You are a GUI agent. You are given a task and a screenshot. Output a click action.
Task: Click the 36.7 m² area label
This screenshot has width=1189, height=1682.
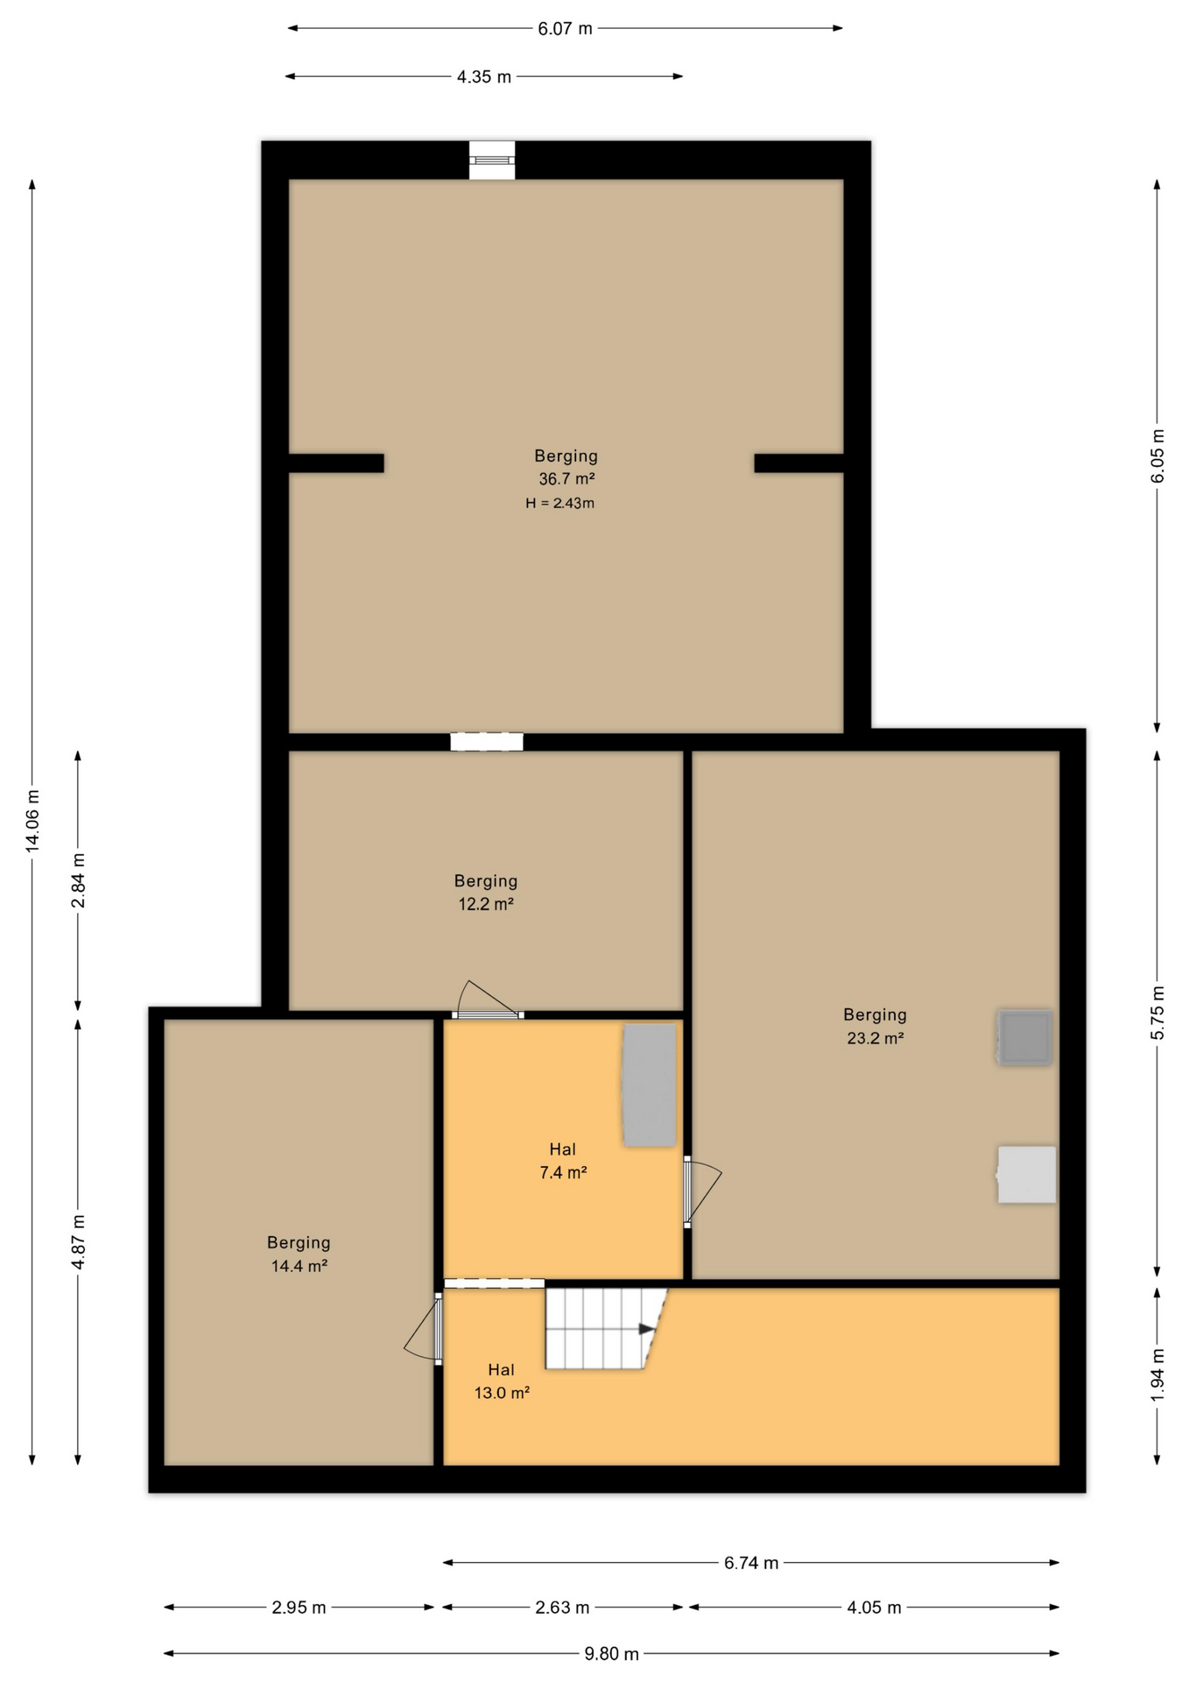pyautogui.click(x=566, y=479)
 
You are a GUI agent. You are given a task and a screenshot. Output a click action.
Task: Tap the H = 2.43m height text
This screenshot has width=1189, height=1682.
pyautogui.click(x=559, y=503)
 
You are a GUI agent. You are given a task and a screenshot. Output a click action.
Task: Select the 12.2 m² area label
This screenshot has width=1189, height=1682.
pyautogui.click(x=486, y=904)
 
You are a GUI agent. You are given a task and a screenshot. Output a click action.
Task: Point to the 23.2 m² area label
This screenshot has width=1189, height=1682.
pyautogui.click(x=875, y=1038)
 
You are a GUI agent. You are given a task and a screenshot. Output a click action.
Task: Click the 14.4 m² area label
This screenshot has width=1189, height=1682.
pyautogui.click(x=299, y=1266)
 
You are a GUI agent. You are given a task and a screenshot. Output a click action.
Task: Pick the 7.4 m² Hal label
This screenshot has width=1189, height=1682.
pyautogui.click(x=563, y=1161)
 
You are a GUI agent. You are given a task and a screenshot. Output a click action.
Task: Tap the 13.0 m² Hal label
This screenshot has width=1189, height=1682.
pyautogui.click(x=502, y=1382)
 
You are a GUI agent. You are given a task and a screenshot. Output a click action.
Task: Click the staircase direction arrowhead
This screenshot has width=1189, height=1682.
pyautogui.click(x=647, y=1329)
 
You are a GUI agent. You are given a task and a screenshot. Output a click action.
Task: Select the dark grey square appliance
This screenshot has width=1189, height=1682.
pyautogui.click(x=1024, y=1037)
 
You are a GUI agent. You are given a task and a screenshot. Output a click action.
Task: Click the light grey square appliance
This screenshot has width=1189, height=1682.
pyautogui.click(x=1026, y=1175)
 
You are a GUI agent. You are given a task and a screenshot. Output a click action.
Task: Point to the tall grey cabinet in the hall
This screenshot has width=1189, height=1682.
pyautogui.click(x=649, y=1085)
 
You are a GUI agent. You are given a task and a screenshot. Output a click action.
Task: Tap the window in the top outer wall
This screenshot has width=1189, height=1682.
pyautogui.click(x=492, y=160)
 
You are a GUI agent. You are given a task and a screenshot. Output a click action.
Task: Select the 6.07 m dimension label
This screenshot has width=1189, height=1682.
pyautogui.click(x=565, y=29)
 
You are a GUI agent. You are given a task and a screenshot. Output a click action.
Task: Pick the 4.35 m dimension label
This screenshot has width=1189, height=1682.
pyautogui.click(x=483, y=77)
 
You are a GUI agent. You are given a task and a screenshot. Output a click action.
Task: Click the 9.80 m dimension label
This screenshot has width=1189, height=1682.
pyautogui.click(x=611, y=1654)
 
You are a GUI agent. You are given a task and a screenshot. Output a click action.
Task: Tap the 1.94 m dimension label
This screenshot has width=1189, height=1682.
pyautogui.click(x=1157, y=1375)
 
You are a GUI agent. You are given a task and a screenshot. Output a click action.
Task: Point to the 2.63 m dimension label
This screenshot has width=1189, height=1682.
pyautogui.click(x=562, y=1608)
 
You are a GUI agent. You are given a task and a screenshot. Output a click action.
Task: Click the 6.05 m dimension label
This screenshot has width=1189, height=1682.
pyautogui.click(x=1157, y=456)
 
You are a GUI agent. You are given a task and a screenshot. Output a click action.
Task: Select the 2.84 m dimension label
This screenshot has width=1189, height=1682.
pyautogui.click(x=78, y=880)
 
